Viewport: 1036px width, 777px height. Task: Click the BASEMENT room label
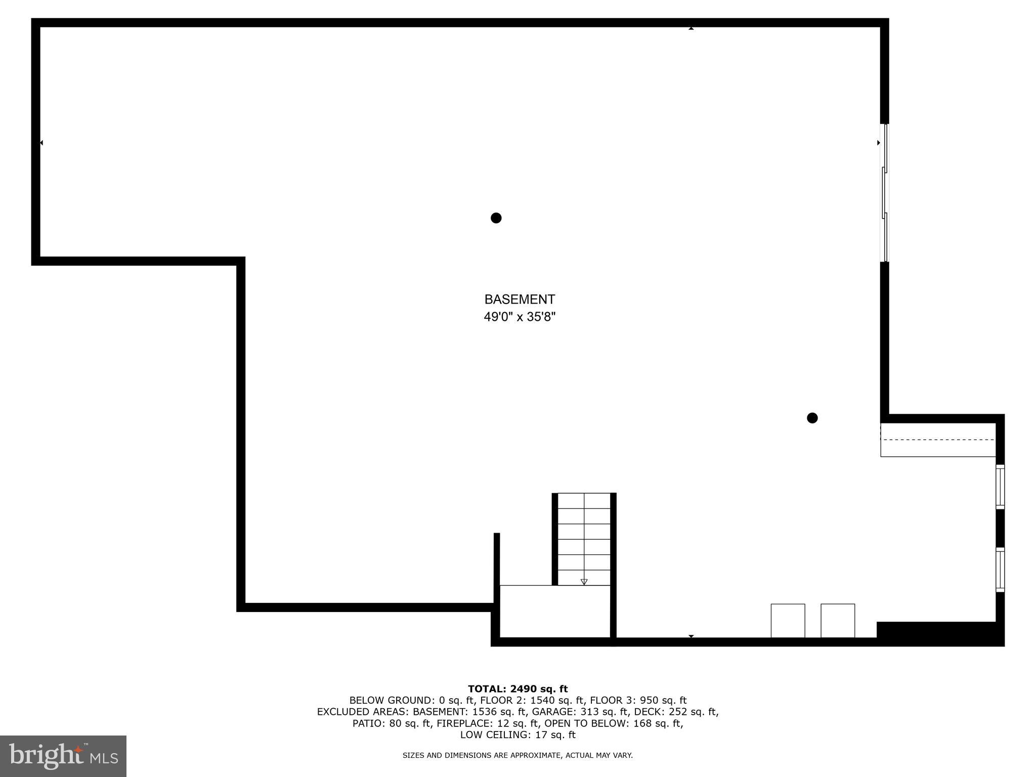[x=520, y=299]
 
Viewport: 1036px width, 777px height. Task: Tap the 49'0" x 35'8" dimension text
[x=520, y=317]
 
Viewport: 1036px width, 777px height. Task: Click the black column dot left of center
[x=496, y=218]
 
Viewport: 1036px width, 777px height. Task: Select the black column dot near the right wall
[x=812, y=418]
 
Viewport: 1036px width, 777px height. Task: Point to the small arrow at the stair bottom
[x=584, y=582]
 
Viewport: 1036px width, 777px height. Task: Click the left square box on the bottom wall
[x=788, y=620]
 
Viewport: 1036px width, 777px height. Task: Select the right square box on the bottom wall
[x=838, y=620]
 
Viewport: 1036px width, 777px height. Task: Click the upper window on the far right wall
[x=1000, y=486]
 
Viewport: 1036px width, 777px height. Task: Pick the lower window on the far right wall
[x=1000, y=570]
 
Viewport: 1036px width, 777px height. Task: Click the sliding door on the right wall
[x=884, y=193]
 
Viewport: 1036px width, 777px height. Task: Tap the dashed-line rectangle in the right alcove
[x=938, y=440]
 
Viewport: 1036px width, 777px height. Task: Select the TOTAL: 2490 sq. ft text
[x=517, y=689]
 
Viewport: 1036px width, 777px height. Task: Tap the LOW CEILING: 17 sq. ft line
[x=517, y=735]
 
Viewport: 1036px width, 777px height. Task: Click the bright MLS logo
[x=63, y=756]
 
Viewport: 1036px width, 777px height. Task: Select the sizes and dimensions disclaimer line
[x=517, y=755]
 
